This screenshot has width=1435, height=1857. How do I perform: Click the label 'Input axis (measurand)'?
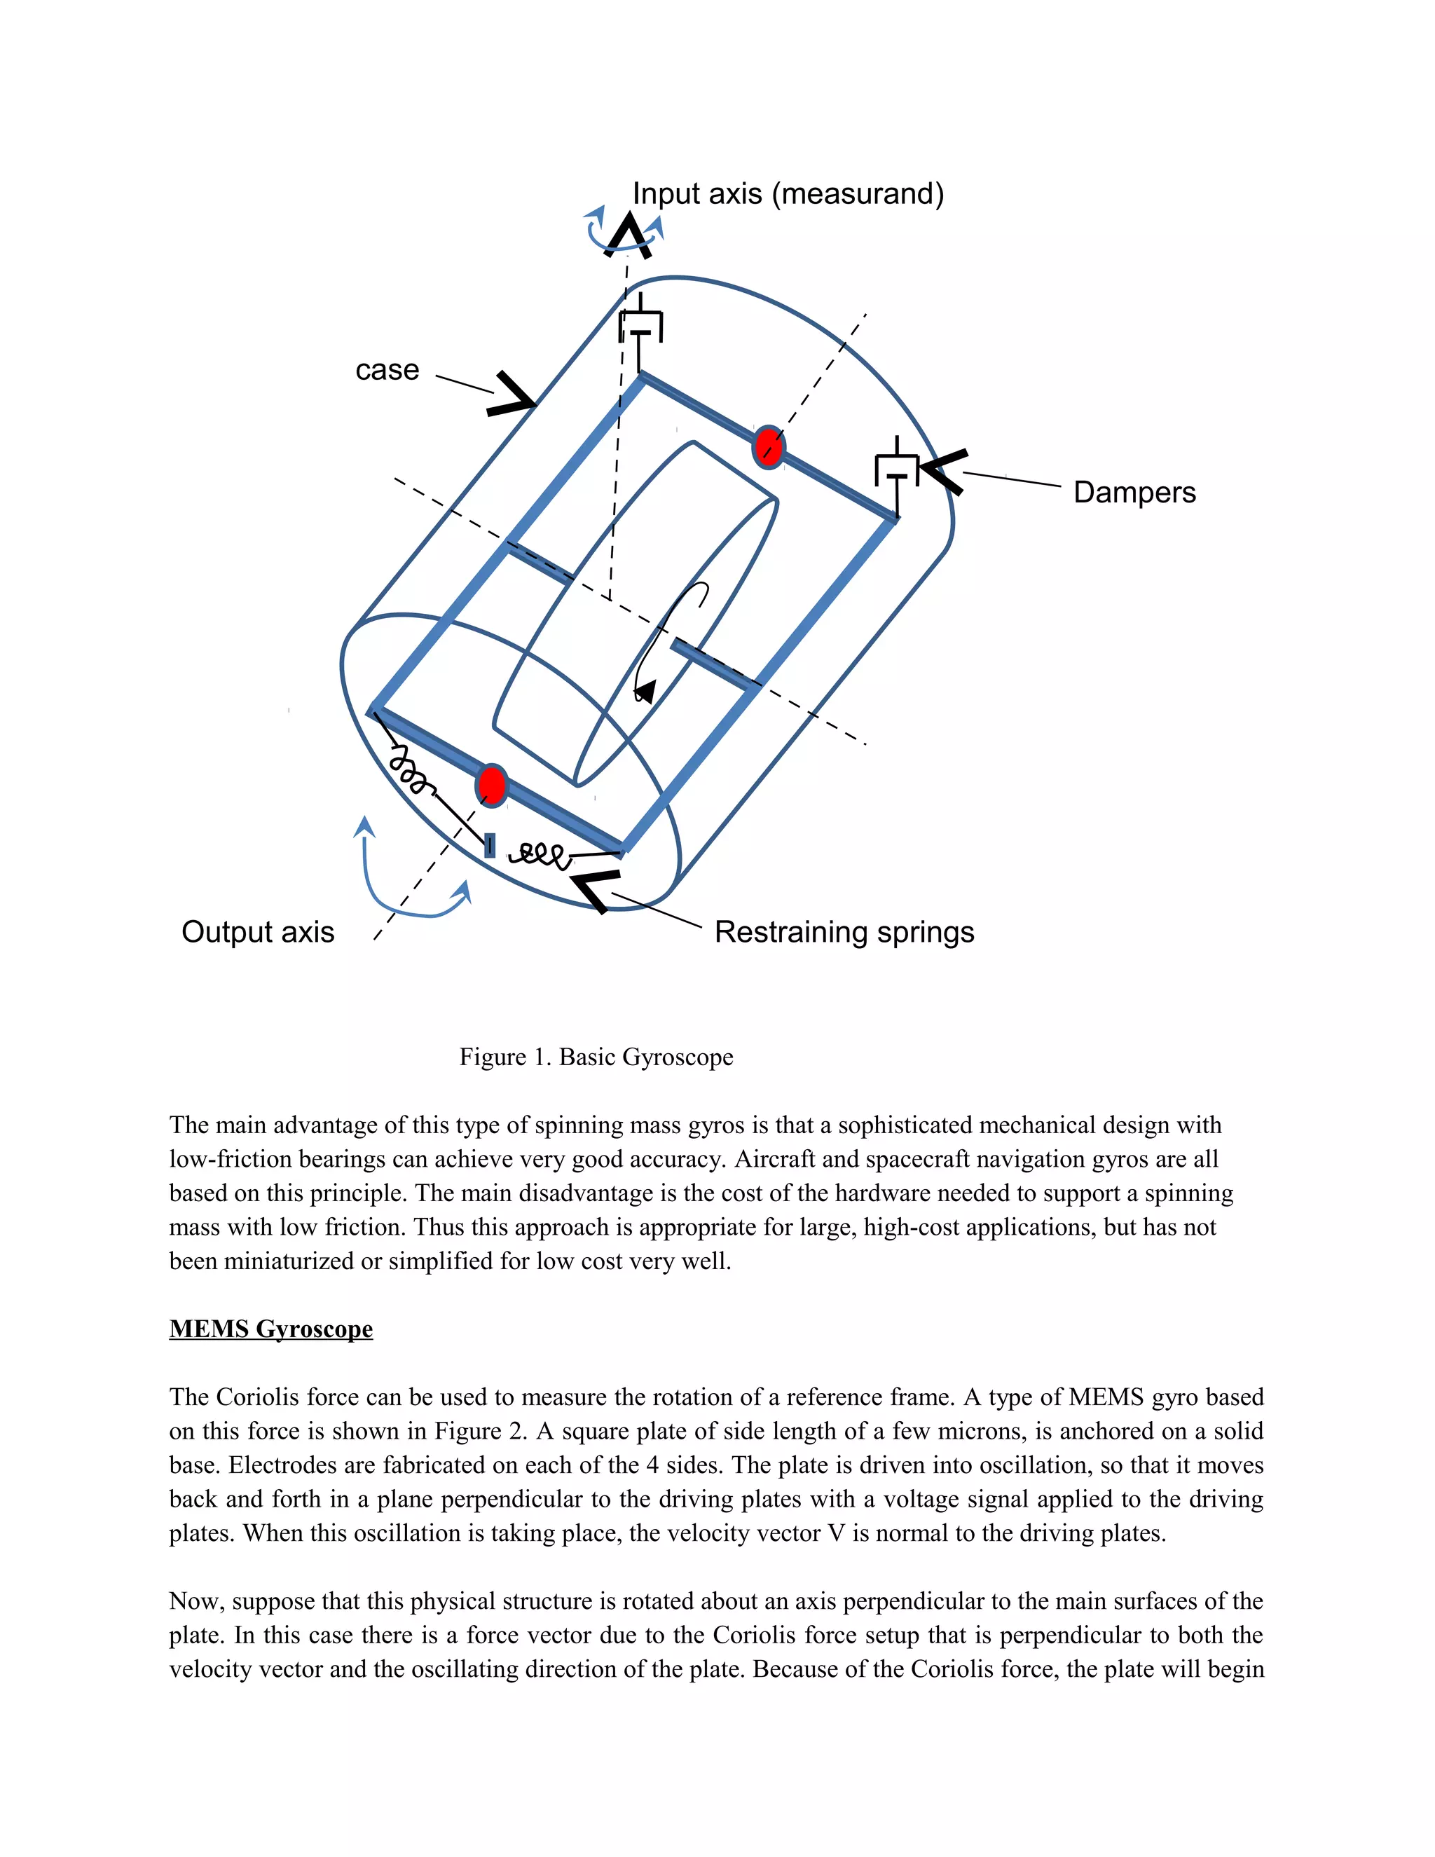point(788,194)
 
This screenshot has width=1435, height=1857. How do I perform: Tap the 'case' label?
point(387,370)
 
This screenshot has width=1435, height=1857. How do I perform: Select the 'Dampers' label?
point(1134,493)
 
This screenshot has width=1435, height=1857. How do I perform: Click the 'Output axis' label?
point(258,932)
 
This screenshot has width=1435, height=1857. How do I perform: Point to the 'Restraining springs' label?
point(844,932)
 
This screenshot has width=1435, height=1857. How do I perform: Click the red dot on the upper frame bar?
point(769,447)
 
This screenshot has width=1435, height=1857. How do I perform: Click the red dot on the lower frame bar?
point(492,785)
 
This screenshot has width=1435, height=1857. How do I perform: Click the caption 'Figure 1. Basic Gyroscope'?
point(596,1057)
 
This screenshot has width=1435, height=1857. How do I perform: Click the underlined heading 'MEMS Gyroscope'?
point(270,1329)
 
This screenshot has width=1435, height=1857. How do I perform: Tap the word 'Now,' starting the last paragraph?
point(196,1601)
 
